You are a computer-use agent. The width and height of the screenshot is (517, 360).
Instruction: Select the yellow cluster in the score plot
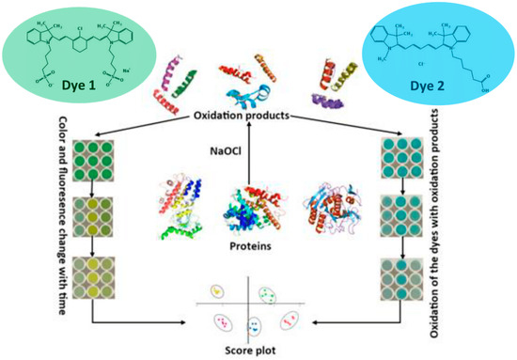(220, 293)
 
